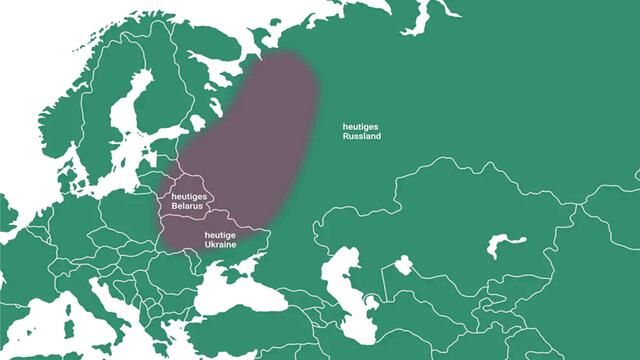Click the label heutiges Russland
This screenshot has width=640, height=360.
(361, 131)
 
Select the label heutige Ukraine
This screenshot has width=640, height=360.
(220, 239)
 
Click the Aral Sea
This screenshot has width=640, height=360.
(403, 266)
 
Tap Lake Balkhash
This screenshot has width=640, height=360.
(506, 243)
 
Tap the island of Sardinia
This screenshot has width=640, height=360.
(69, 325)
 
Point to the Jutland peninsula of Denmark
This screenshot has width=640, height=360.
(60, 160)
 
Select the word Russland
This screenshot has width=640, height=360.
(361, 136)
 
